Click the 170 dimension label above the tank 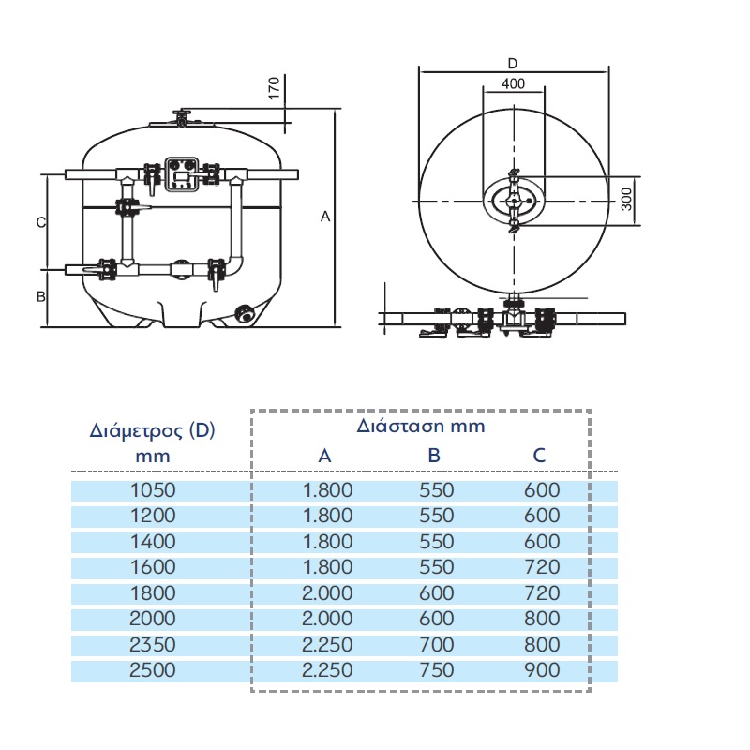274,88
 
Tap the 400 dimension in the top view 513,83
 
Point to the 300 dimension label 626,199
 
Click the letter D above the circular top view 512,64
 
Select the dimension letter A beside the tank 325,217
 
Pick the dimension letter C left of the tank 41,222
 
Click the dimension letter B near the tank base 41,296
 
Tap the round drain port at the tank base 245,314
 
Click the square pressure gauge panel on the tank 182,174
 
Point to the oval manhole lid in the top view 514,202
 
